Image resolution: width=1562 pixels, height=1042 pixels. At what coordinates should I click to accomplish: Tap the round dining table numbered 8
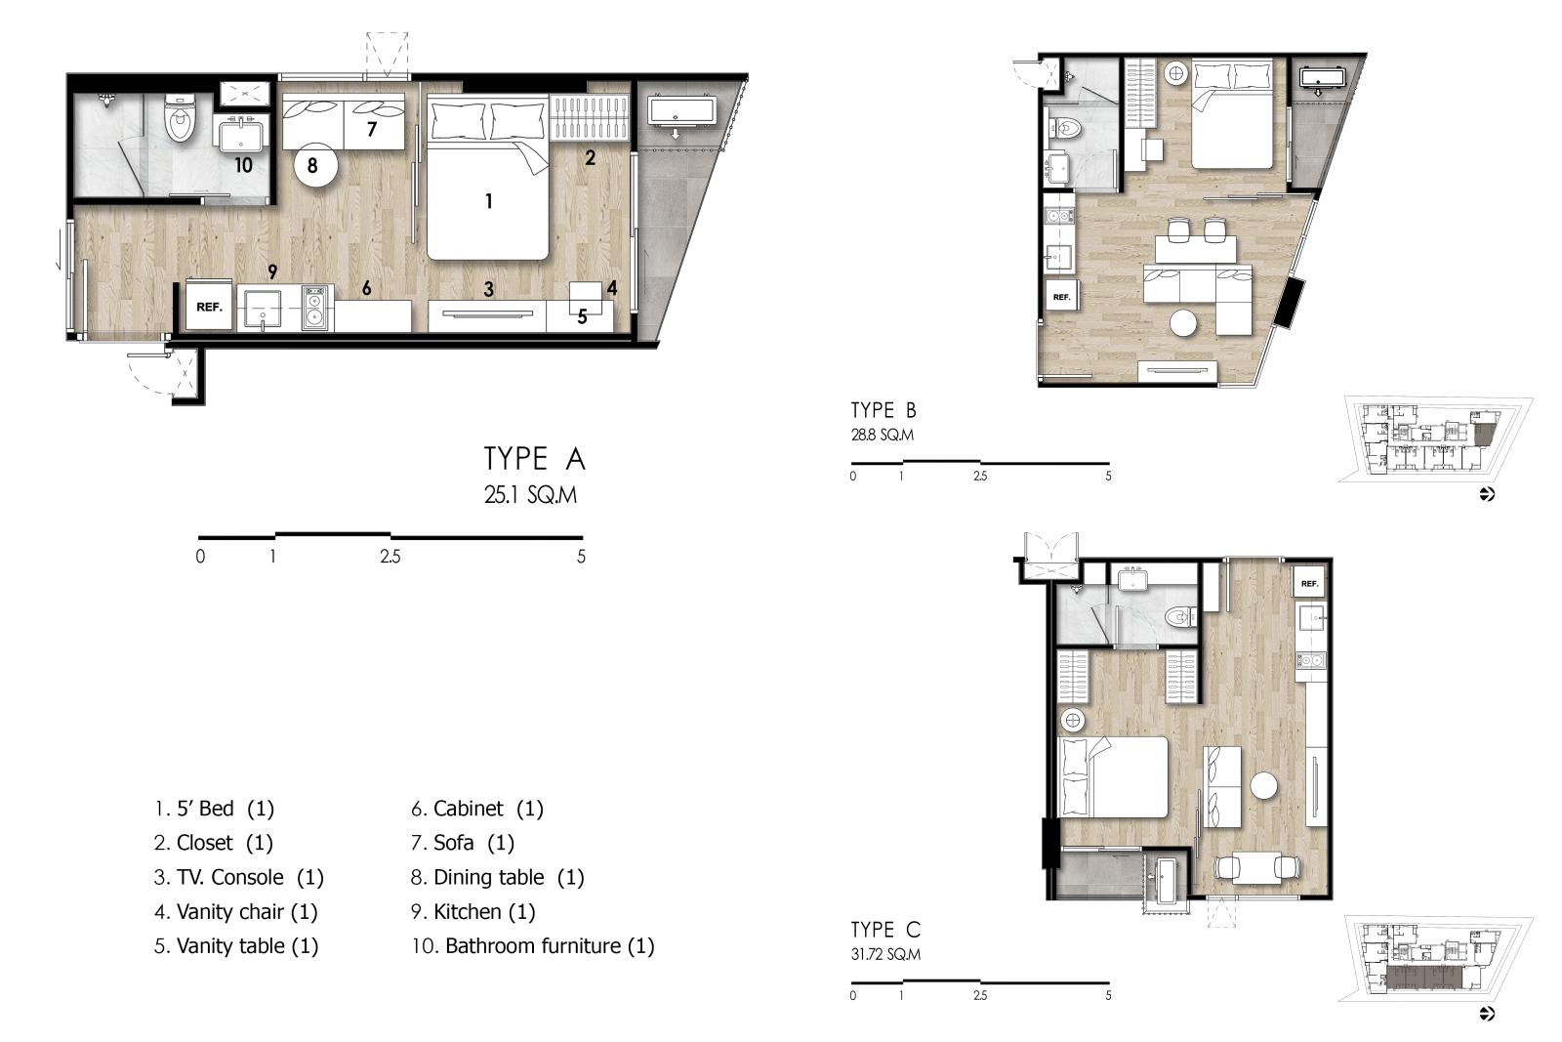click(316, 165)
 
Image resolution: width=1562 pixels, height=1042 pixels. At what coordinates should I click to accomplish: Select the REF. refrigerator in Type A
click(209, 306)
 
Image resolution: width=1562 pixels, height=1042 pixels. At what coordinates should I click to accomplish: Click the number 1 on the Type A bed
click(489, 201)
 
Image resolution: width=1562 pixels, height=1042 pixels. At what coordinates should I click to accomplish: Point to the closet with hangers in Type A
click(589, 118)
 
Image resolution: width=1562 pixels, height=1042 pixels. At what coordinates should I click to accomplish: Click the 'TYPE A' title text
click(535, 459)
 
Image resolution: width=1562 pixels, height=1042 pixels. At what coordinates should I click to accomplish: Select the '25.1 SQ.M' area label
click(531, 495)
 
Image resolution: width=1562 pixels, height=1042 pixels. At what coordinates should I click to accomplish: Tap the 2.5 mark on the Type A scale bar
click(390, 556)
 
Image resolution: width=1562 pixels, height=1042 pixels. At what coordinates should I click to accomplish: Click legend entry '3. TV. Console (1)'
click(238, 877)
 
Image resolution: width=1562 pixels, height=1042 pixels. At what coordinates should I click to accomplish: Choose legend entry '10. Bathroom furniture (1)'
click(533, 945)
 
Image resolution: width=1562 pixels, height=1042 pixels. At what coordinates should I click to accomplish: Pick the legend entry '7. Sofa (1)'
click(463, 843)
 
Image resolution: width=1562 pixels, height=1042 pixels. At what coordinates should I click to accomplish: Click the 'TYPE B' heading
click(883, 410)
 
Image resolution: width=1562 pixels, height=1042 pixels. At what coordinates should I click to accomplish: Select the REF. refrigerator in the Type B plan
click(1060, 297)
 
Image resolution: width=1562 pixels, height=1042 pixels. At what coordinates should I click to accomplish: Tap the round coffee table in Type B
click(1182, 323)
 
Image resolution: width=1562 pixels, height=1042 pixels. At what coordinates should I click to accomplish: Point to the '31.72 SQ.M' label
click(884, 954)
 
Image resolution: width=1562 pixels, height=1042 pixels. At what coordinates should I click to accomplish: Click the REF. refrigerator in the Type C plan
click(1309, 583)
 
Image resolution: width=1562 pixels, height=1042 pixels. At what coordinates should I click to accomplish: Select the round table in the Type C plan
click(1263, 786)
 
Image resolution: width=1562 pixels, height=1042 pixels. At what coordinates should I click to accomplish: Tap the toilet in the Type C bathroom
click(1180, 616)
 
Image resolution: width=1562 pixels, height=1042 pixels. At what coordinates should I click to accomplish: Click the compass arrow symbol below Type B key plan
click(1486, 494)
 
